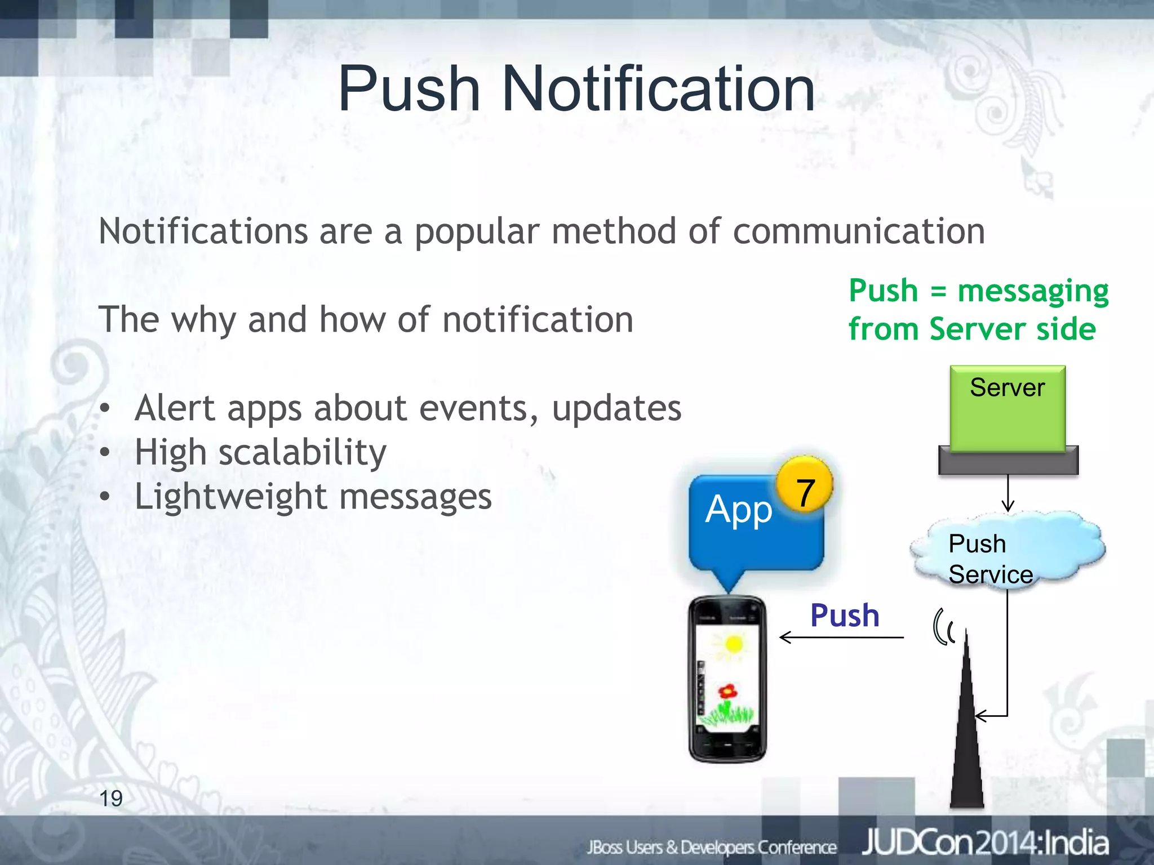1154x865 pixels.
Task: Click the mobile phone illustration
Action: pyautogui.click(x=727, y=679)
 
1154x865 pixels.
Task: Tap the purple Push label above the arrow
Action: pyautogui.click(x=845, y=615)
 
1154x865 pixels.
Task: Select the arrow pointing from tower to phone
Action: pyautogui.click(x=841, y=637)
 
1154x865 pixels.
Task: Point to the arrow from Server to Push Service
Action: pyautogui.click(x=1008, y=493)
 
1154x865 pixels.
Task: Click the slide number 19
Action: pyautogui.click(x=111, y=798)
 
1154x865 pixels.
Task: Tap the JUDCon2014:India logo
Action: pyautogui.click(x=985, y=843)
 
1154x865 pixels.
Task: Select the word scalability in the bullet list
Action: pyautogui.click(x=303, y=452)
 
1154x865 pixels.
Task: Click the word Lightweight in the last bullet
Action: pyautogui.click(x=231, y=497)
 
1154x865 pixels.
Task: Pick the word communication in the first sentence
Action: pyautogui.click(x=859, y=231)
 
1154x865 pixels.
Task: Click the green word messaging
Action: pyautogui.click(x=1033, y=292)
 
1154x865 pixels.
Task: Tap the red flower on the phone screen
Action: pyautogui.click(x=727, y=690)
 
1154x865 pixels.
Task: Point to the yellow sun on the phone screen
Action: pyautogui.click(x=733, y=644)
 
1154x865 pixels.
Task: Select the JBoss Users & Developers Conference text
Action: pyautogui.click(x=712, y=847)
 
